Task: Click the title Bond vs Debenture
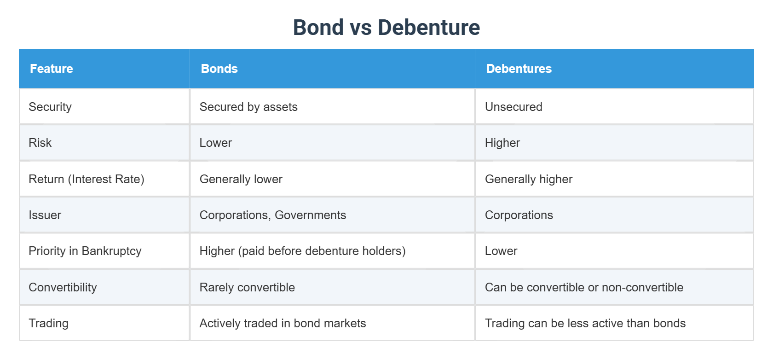pyautogui.click(x=386, y=28)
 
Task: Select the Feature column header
pyautogui.click(x=52, y=69)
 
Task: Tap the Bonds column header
pyautogui.click(x=219, y=69)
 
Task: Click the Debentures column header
pyautogui.click(x=519, y=69)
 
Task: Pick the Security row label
pyautogui.click(x=50, y=107)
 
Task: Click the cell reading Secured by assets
pyautogui.click(x=248, y=107)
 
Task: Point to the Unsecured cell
pyautogui.click(x=513, y=107)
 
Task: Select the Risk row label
pyautogui.click(x=40, y=143)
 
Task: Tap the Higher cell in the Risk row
pyautogui.click(x=502, y=143)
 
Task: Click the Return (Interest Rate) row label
pyautogui.click(x=87, y=179)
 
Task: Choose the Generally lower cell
pyautogui.click(x=241, y=179)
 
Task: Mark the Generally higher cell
pyautogui.click(x=529, y=179)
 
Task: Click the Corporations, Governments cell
pyautogui.click(x=272, y=215)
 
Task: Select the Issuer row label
pyautogui.click(x=45, y=215)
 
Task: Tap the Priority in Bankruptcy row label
pyautogui.click(x=85, y=251)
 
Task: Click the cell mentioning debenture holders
pyautogui.click(x=302, y=251)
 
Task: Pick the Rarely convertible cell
pyautogui.click(x=247, y=287)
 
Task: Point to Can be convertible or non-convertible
pyautogui.click(x=584, y=287)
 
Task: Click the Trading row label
pyautogui.click(x=48, y=323)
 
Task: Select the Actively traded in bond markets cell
pyautogui.click(x=283, y=323)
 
